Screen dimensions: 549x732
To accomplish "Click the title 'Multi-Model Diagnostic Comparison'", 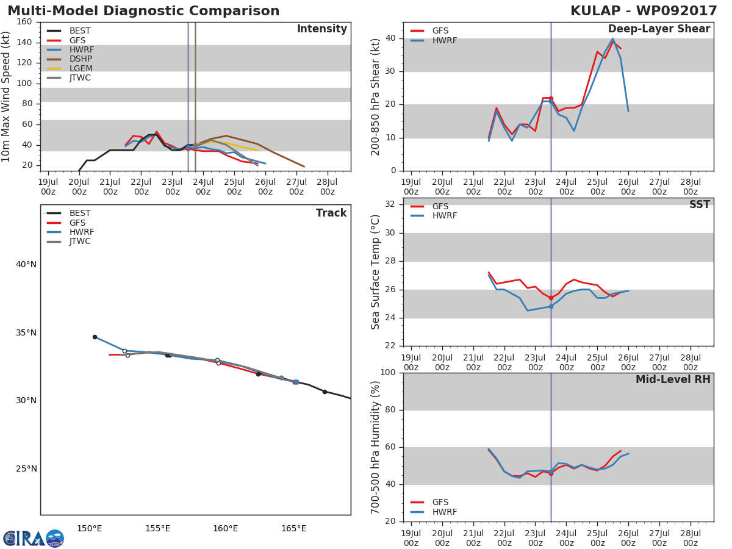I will click(143, 11).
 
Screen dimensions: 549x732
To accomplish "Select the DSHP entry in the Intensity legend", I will click(81, 59).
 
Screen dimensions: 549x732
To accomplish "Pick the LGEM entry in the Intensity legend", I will click(81, 68).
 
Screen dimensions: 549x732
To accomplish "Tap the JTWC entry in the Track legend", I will click(80, 242).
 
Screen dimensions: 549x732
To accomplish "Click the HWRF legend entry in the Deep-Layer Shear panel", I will click(444, 40).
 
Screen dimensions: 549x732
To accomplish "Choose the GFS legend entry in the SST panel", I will click(440, 206).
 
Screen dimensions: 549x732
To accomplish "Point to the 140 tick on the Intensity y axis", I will click(24, 42).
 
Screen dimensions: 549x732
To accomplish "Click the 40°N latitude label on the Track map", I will click(26, 264).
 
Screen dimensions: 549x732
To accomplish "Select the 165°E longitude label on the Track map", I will click(293, 528).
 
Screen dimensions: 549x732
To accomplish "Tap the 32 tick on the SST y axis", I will click(390, 204).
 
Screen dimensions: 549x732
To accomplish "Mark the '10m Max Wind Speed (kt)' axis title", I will click(7, 96).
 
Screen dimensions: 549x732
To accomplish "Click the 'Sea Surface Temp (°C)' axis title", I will click(376, 272).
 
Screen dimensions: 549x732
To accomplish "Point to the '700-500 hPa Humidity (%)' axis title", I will click(376, 447).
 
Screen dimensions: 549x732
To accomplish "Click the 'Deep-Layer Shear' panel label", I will click(659, 29).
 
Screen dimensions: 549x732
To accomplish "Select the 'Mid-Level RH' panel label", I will click(672, 379).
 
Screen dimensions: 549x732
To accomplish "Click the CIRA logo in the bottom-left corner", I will click(34, 538).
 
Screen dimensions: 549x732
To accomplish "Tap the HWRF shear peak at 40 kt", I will click(612, 39).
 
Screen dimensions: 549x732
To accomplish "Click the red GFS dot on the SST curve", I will click(551, 298).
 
